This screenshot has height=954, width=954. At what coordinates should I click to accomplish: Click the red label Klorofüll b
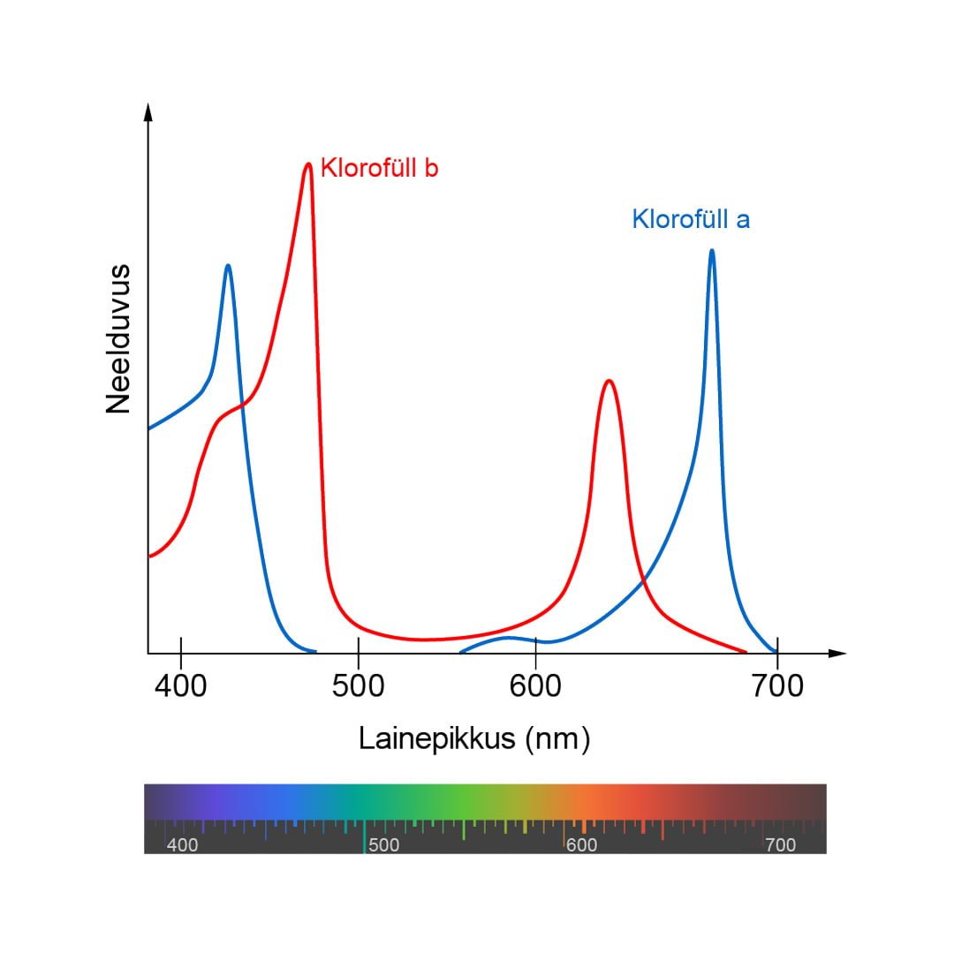[x=379, y=168]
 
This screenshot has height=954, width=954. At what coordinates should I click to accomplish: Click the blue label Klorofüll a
[x=691, y=219]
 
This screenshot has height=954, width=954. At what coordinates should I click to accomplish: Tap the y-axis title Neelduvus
[x=118, y=338]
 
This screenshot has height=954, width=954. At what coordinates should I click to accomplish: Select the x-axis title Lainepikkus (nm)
[x=473, y=738]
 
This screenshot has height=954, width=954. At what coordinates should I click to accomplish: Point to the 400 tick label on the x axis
[x=180, y=685]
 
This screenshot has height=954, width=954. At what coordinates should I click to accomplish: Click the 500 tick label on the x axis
[x=359, y=685]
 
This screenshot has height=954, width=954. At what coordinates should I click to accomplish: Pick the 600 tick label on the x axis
[x=535, y=685]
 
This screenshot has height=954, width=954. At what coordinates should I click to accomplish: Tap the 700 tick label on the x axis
[x=777, y=685]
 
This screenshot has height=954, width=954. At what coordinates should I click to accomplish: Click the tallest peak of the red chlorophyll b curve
[x=308, y=164]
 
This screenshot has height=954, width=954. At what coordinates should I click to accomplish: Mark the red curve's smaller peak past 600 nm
[x=609, y=381]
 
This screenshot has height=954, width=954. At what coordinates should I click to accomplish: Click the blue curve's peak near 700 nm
[x=711, y=251]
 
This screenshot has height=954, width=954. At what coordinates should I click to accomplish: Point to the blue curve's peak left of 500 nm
[x=228, y=265]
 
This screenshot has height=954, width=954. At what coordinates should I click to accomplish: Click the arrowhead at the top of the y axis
[x=148, y=111]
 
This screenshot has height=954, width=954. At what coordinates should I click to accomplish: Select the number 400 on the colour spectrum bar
[x=183, y=845]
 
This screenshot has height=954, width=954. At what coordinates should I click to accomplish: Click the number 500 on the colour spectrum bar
[x=383, y=845]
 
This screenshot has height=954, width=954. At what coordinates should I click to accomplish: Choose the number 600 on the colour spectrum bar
[x=581, y=845]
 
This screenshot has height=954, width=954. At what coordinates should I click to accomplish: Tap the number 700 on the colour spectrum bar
[x=780, y=845]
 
